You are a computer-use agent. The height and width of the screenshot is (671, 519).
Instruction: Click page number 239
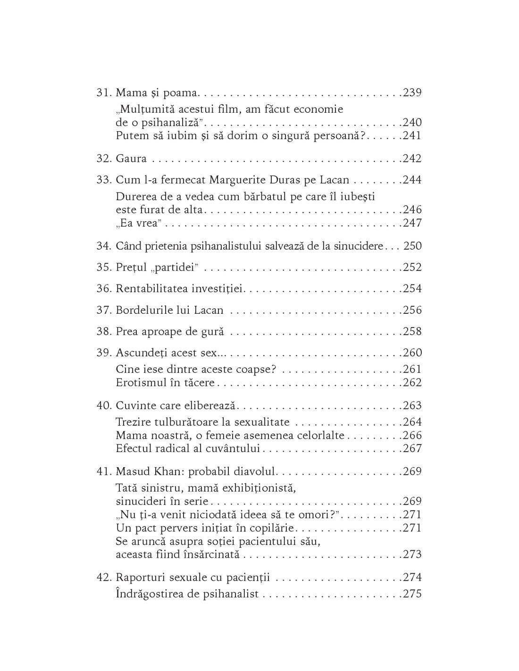click(412, 92)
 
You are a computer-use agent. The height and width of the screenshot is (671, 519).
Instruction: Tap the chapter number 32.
click(103, 159)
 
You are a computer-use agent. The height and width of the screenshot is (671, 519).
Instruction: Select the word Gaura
click(131, 159)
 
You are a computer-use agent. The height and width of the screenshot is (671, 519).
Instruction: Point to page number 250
click(412, 246)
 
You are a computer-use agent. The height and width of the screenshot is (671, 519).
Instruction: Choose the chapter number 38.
click(103, 331)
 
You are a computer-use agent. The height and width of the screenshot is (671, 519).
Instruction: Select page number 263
click(412, 405)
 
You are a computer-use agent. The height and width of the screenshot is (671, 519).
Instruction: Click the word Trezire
click(132, 422)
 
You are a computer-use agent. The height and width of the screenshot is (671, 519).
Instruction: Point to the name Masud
click(132, 471)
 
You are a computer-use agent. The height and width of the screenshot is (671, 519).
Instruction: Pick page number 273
click(412, 554)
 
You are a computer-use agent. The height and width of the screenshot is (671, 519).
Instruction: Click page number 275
click(412, 594)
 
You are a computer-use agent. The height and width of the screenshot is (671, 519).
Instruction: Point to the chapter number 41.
click(103, 471)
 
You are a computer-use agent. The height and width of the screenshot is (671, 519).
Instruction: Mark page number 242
click(412, 159)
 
